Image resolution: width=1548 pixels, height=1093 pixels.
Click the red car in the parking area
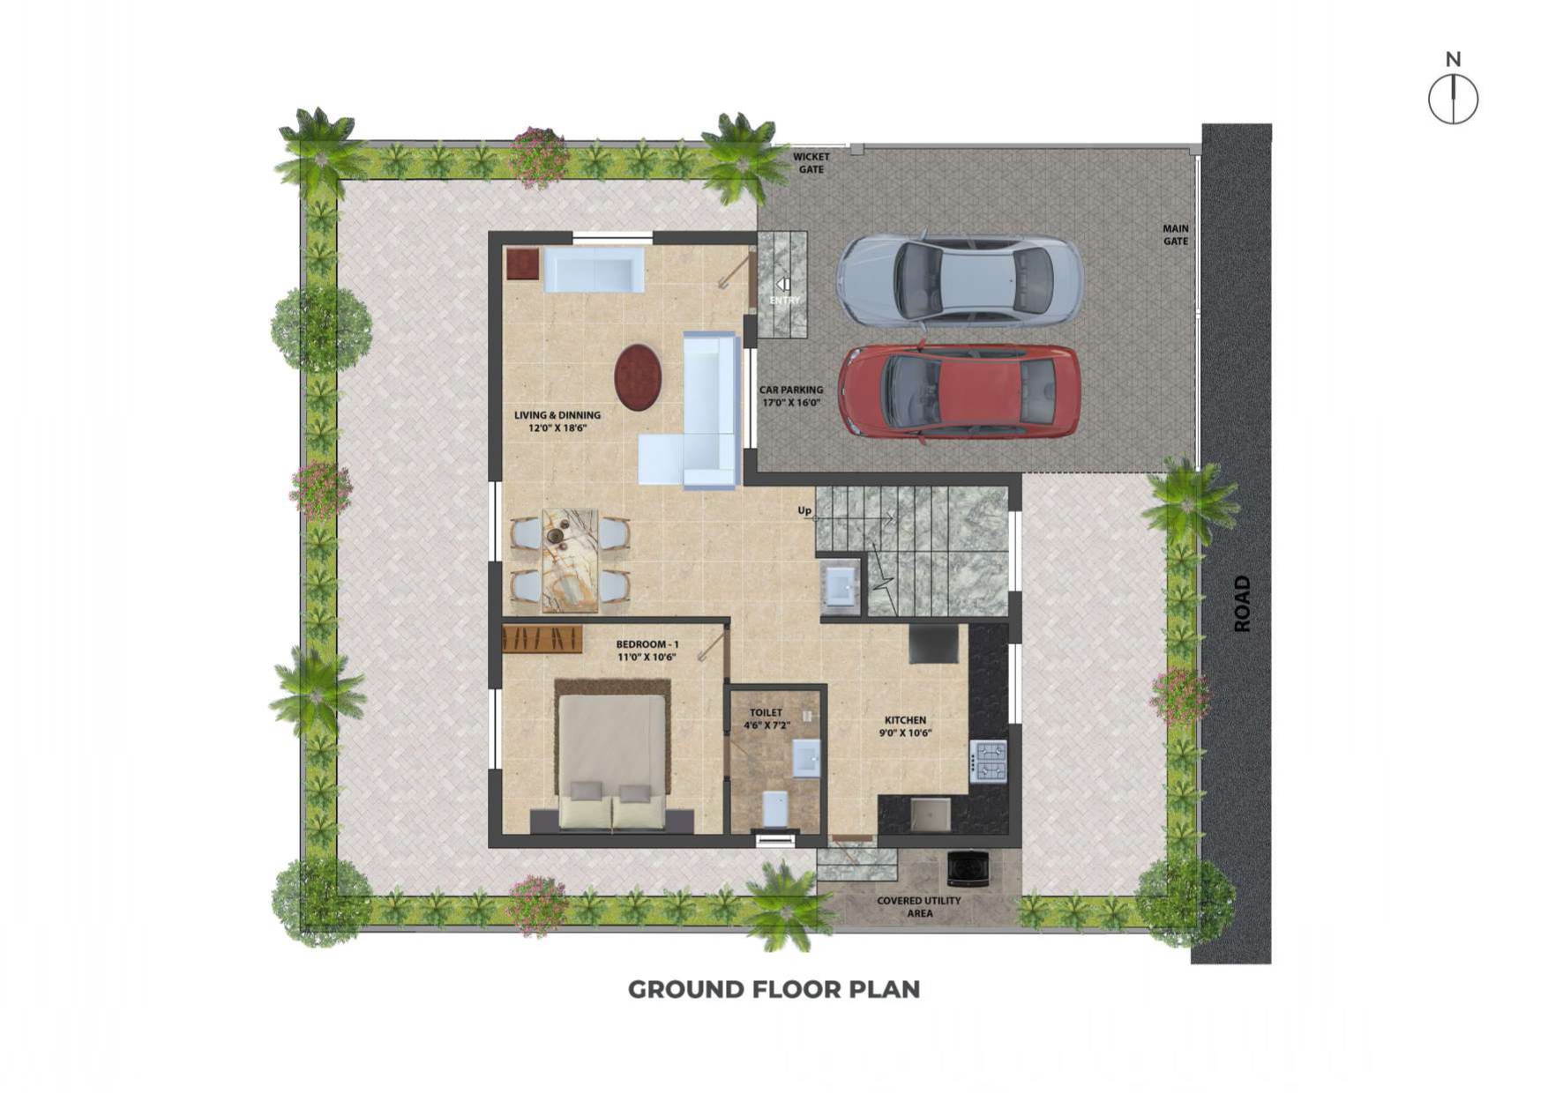tap(960, 390)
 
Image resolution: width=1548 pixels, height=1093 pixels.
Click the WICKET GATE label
tap(811, 163)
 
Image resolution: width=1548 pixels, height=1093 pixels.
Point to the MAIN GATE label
tap(1176, 234)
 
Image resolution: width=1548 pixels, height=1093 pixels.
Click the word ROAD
tap(1242, 604)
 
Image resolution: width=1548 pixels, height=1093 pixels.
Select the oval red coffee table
tap(638, 377)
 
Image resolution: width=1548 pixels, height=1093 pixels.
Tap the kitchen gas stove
tap(988, 762)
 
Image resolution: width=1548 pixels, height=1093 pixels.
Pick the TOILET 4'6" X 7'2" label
tap(766, 719)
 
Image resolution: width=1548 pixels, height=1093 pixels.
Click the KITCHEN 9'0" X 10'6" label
tap(905, 726)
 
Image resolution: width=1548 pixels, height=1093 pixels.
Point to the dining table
tap(570, 561)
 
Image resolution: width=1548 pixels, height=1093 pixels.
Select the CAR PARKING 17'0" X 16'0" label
tap(791, 396)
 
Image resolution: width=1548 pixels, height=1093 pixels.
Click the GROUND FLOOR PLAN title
tap(774, 989)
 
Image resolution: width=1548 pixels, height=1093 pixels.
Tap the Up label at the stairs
tap(804, 510)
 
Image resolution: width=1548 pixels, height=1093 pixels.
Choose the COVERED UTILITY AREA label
tap(919, 907)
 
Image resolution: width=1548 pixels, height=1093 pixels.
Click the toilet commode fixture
tap(774, 809)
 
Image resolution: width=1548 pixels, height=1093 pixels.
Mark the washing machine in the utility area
tap(968, 868)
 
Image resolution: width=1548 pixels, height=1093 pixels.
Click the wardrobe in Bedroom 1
tap(542, 639)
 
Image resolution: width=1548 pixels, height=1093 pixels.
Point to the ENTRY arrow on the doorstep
tap(782, 285)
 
